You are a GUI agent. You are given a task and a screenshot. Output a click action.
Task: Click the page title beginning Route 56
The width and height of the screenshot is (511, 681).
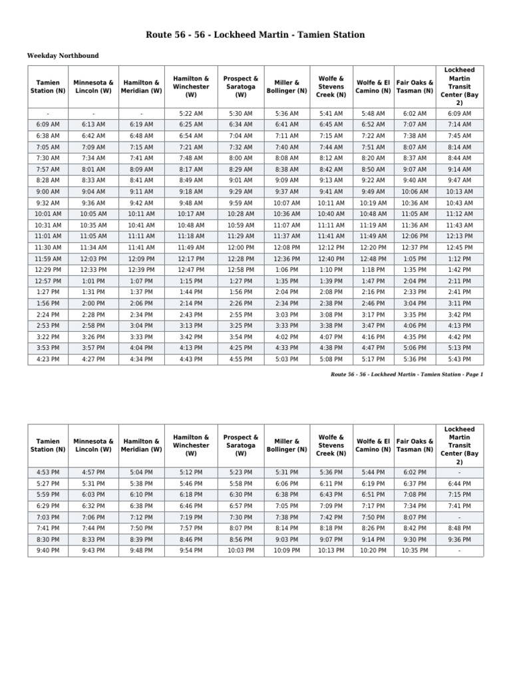(255, 35)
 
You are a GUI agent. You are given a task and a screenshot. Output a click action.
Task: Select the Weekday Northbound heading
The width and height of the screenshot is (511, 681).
(63, 55)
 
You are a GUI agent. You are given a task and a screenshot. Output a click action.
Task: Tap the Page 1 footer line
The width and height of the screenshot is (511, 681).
(407, 374)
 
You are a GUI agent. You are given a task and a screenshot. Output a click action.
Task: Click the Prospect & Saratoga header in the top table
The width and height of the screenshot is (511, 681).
(241, 86)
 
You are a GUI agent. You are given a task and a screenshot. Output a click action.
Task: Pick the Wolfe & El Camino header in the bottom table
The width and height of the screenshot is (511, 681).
(373, 445)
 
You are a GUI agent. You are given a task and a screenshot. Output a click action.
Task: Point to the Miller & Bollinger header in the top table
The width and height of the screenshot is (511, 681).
(287, 86)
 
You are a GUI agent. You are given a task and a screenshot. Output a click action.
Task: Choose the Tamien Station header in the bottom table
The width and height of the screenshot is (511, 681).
(48, 445)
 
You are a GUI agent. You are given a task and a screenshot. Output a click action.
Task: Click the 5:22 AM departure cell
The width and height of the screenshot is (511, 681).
(191, 114)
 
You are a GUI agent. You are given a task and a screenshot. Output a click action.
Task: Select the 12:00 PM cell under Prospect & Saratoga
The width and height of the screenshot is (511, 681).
(241, 247)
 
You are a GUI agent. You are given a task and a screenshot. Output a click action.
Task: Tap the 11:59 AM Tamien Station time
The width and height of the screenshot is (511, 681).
(48, 259)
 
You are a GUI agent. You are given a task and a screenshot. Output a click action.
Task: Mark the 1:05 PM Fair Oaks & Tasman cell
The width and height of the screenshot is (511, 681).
(415, 259)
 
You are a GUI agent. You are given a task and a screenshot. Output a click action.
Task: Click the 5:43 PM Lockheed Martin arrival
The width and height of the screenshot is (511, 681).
(459, 359)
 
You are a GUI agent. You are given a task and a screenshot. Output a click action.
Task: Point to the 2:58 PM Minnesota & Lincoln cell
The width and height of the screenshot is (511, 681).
(93, 326)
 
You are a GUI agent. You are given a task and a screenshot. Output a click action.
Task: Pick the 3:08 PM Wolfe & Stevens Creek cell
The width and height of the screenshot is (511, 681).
(331, 315)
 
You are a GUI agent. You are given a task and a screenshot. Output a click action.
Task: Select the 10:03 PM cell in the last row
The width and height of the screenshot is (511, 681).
(241, 551)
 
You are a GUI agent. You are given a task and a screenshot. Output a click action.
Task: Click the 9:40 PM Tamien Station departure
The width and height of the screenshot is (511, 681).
(48, 551)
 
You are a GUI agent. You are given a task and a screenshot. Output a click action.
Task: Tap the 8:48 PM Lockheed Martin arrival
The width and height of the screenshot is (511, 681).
(459, 528)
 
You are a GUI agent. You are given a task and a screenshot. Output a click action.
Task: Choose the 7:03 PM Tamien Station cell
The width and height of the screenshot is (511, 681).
(48, 517)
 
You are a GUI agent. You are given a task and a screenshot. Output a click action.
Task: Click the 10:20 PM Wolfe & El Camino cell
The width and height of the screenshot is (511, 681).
(373, 551)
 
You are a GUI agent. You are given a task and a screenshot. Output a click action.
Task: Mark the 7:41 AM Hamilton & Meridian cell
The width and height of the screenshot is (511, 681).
(142, 158)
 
